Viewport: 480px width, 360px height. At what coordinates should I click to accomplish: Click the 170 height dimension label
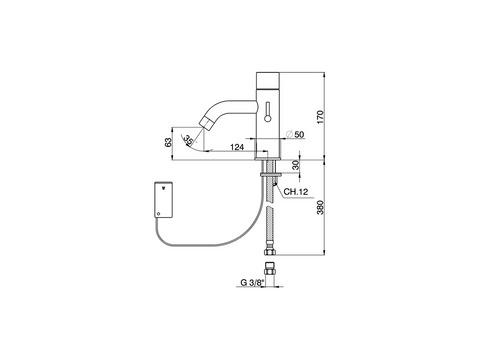[320, 117]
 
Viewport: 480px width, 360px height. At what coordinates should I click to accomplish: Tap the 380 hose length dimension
[320, 207]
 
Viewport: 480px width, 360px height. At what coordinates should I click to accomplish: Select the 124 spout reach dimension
[237, 147]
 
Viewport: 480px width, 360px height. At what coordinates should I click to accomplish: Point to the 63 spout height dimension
[168, 142]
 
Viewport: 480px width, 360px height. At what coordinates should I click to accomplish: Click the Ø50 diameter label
[295, 134]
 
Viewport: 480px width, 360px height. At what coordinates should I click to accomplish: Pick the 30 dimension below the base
[296, 165]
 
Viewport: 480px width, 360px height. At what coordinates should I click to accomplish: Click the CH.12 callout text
[296, 192]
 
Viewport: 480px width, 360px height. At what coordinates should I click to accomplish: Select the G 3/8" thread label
[252, 283]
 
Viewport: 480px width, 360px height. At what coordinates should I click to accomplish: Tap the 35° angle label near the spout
[189, 140]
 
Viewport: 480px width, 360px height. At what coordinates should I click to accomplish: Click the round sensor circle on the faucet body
[267, 118]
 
